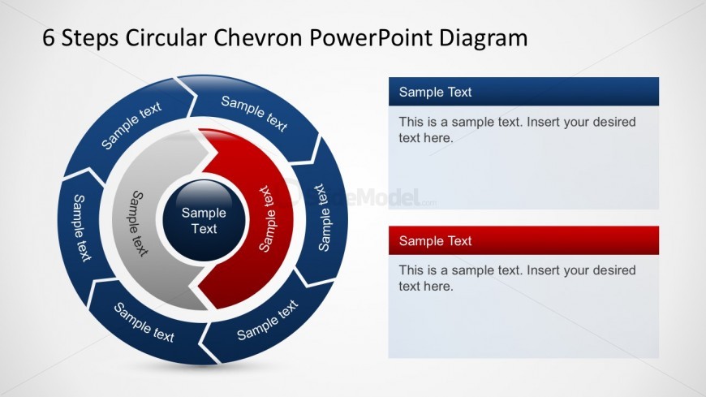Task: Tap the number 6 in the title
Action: point(49,37)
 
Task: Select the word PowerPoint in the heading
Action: point(375,37)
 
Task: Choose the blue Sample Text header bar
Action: point(523,92)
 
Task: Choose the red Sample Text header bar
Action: point(523,240)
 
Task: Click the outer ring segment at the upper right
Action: point(255,114)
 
